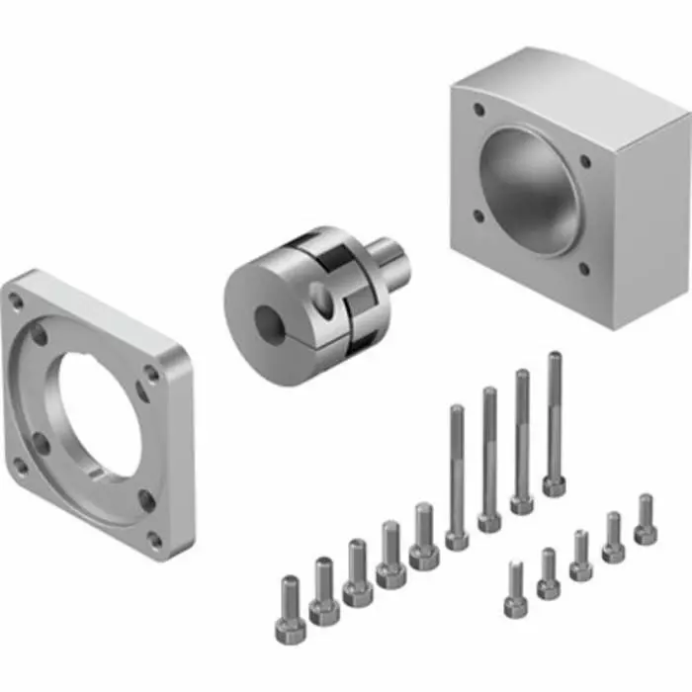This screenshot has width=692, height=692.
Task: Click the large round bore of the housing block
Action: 535,188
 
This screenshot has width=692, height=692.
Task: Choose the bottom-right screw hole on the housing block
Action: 583,268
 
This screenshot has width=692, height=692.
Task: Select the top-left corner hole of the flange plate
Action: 15,296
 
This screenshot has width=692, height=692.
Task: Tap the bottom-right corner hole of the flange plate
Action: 154,539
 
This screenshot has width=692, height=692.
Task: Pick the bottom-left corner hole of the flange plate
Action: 17,463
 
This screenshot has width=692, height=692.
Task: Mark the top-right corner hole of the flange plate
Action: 151,374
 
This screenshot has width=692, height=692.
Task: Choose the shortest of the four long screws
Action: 457,475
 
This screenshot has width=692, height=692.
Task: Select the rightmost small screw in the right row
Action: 646,519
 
